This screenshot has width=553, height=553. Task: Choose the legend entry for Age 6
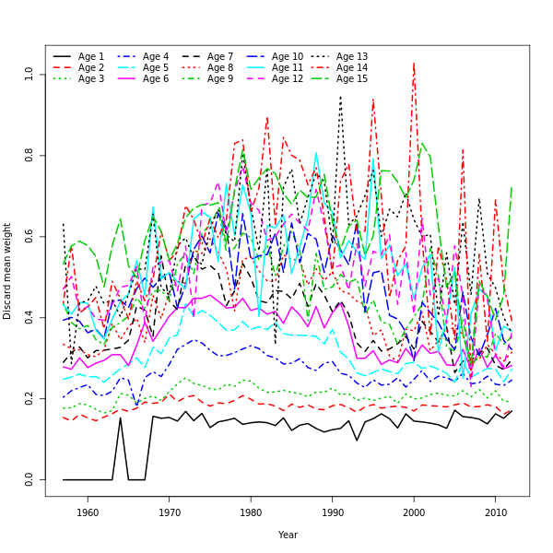[x=156, y=79]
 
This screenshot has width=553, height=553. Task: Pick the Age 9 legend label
[x=220, y=79]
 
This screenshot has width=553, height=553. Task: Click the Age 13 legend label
[x=352, y=57]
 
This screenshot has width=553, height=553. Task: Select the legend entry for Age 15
[x=352, y=79]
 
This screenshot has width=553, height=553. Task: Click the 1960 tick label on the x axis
[x=88, y=512]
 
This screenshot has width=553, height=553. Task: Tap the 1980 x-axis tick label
[x=251, y=512]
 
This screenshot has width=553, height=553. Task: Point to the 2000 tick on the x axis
[x=414, y=512]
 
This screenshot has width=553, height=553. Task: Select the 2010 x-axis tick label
[x=496, y=512]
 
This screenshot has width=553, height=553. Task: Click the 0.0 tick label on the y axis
[x=29, y=480]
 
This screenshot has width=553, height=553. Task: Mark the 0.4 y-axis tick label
[x=29, y=317]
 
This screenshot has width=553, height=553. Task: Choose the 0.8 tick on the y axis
[x=29, y=155]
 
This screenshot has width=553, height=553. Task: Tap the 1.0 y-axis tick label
[x=29, y=74]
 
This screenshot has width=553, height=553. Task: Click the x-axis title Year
[x=288, y=535]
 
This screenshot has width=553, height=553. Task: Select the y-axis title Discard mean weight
[x=8, y=271]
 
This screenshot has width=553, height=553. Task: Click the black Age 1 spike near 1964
[x=120, y=418]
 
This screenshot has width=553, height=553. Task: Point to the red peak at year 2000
[x=414, y=64]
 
